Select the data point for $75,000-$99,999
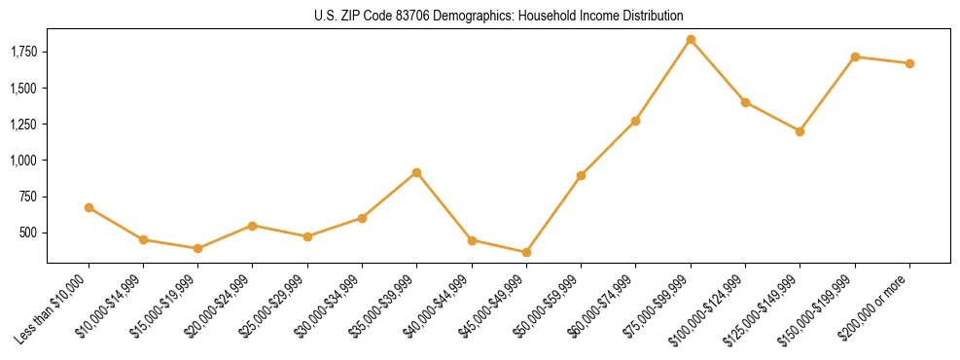coord(691,40)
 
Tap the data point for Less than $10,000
coord(89,207)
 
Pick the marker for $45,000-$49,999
coord(526,252)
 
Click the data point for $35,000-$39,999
coord(416,172)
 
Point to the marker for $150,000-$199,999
coord(855,56)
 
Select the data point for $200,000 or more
coord(909,63)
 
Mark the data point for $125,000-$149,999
coord(800,131)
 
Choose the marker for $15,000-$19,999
coord(197,248)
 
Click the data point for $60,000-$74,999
coord(635,121)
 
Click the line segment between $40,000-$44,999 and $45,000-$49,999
coord(499,246)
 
